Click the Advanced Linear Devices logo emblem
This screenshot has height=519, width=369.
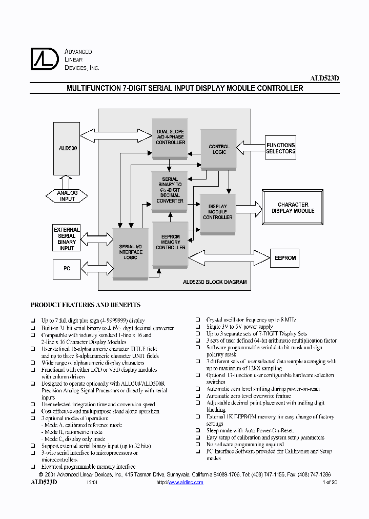coord(45,58)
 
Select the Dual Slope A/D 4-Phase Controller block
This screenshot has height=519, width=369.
coord(170,137)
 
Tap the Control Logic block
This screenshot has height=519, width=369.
coord(219,149)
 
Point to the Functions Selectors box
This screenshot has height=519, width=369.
coord(280,148)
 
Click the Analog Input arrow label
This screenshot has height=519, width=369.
coord(67,195)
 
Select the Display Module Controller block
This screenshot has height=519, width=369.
coord(218,211)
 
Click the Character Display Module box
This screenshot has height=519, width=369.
coord(293,207)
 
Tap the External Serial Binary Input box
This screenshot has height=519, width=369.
coord(67,238)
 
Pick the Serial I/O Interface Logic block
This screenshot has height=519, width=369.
coord(130,252)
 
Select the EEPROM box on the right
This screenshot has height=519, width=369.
coord(285,258)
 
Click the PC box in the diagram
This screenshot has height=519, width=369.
coord(67,269)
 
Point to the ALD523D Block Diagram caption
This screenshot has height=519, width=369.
coord(215,282)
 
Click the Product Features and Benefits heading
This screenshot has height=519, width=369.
coord(86,305)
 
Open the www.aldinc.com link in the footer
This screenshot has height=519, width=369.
coord(186,483)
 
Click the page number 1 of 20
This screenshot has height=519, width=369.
coord(330,483)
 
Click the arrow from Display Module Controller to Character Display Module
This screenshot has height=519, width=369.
coord(249,207)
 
